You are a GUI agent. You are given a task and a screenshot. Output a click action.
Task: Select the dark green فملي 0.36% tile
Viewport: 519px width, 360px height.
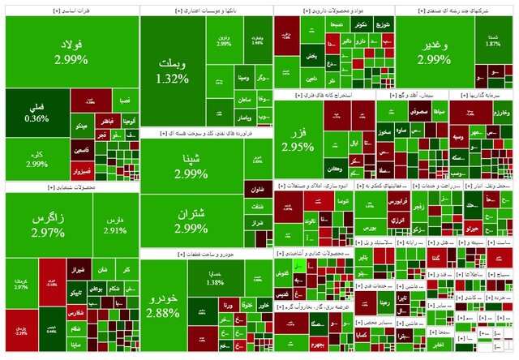[36, 111]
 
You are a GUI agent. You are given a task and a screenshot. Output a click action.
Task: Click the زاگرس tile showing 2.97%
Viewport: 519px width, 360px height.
[47, 225]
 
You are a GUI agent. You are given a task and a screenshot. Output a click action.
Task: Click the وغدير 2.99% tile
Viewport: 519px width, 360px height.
[435, 53]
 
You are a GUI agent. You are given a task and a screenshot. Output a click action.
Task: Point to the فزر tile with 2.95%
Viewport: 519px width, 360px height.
[298, 139]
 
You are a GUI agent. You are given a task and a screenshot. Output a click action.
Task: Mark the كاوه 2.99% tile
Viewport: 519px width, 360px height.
[36, 159]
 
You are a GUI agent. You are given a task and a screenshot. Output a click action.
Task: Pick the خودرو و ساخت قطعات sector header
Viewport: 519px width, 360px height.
[207, 254]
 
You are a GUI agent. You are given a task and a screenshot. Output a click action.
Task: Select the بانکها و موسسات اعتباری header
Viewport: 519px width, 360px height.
[207, 11]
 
